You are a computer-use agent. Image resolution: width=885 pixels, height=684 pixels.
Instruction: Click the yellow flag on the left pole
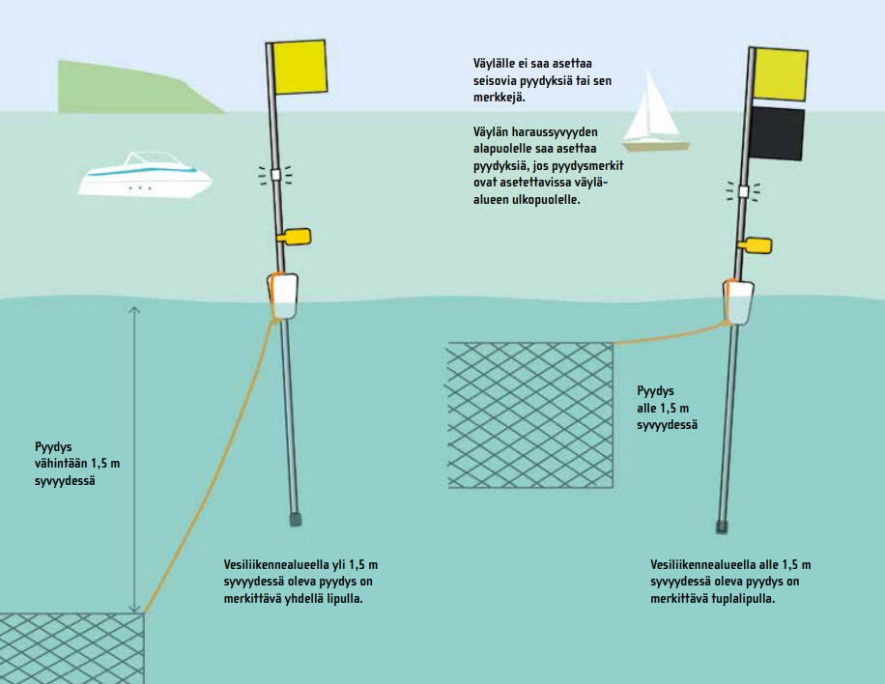(x=301, y=68)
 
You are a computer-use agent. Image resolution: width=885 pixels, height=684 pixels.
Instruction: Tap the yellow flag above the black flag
(x=780, y=73)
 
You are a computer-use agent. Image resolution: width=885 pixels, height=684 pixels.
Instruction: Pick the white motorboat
(x=144, y=176)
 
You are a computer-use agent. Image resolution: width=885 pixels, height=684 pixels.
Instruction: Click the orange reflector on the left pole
(x=295, y=236)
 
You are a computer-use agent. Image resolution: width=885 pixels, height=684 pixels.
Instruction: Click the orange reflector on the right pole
(x=755, y=245)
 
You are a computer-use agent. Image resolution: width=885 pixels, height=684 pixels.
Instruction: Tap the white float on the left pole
(x=283, y=296)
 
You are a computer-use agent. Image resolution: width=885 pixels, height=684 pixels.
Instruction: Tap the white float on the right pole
(x=739, y=301)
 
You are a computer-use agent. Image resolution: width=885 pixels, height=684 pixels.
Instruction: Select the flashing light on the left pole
(x=275, y=175)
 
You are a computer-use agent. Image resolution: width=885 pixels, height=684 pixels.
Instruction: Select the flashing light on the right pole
(x=743, y=191)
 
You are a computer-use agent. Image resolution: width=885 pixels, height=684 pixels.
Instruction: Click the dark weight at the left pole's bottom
(x=296, y=520)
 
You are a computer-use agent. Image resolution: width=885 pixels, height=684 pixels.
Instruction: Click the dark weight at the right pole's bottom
(x=721, y=527)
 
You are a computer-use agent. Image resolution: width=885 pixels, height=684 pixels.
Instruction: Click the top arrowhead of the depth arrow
(x=134, y=309)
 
